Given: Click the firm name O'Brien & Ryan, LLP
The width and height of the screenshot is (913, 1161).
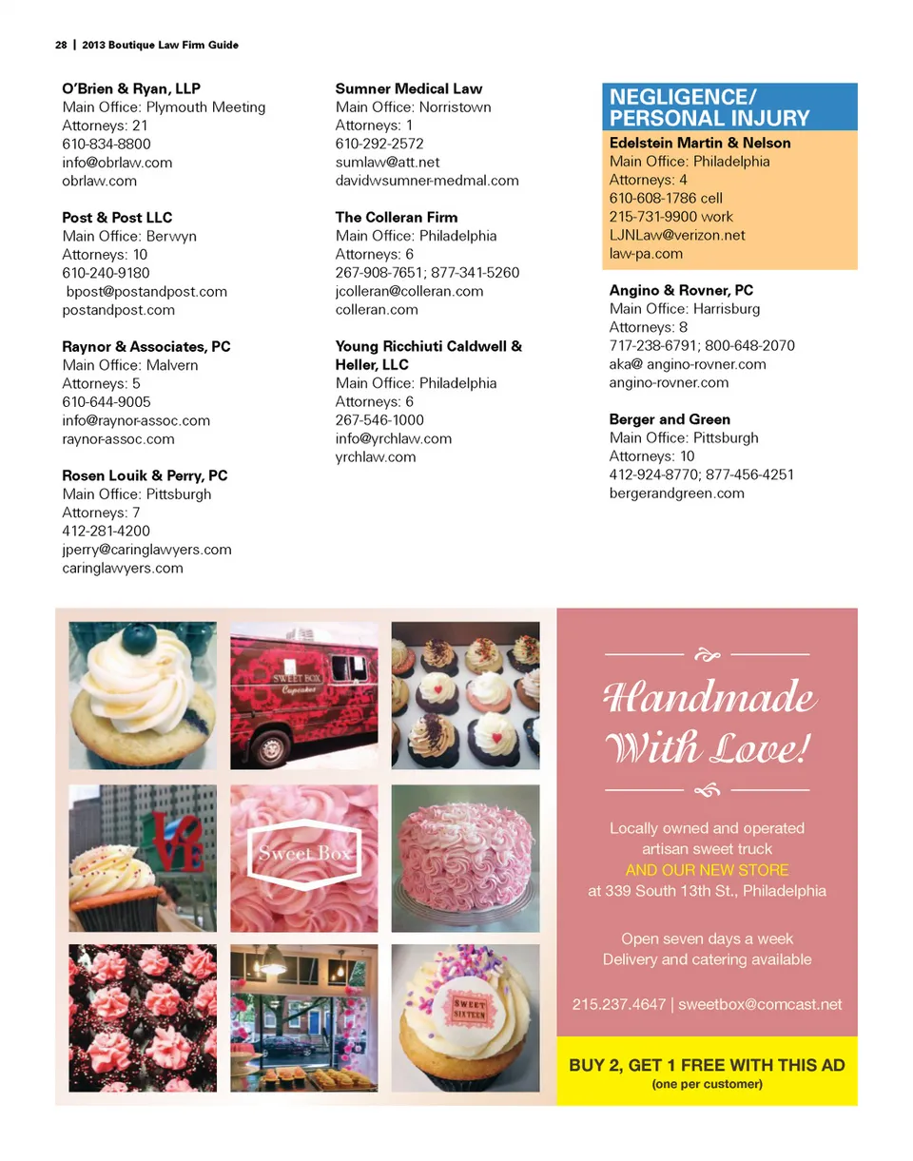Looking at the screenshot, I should [x=131, y=88].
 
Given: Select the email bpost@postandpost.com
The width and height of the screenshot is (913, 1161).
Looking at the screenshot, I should [x=146, y=292].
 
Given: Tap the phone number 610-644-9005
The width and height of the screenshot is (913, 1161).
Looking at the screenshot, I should [x=106, y=402].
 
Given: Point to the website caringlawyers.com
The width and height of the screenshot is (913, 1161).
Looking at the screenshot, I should [x=123, y=568].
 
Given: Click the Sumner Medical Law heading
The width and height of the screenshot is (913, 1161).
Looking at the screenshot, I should [x=409, y=88].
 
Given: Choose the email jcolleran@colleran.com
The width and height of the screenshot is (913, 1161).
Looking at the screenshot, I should [x=409, y=291].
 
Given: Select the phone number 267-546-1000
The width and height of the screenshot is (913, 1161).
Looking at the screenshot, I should [x=379, y=420].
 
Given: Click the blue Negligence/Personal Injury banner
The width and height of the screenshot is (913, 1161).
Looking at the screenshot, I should [x=729, y=107].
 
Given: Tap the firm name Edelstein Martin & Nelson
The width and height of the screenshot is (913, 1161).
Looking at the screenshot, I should [x=700, y=143].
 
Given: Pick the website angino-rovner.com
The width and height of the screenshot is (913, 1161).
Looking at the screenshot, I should [x=669, y=382].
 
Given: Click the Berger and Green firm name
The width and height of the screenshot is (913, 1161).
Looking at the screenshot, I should [x=670, y=419].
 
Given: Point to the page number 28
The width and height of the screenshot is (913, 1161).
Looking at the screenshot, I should [x=60, y=45].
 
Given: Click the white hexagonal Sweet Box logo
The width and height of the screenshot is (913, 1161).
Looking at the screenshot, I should [x=304, y=853].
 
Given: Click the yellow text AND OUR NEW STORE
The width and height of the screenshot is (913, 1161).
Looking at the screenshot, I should [x=707, y=870].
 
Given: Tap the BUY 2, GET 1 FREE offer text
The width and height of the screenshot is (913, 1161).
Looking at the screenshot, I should [x=707, y=1065].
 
